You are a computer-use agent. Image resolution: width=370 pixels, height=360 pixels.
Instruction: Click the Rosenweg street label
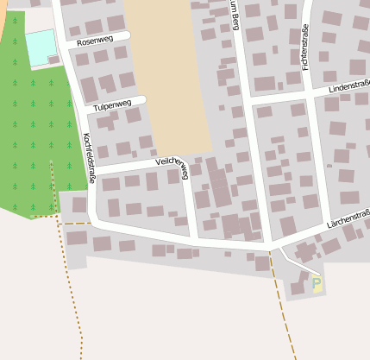click(x=95, y=41)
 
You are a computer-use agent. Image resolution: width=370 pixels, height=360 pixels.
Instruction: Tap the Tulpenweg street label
click(x=113, y=104)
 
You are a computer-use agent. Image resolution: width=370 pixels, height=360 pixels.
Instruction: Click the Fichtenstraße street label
click(x=305, y=48)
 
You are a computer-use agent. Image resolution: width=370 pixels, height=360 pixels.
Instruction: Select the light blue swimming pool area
click(x=40, y=47)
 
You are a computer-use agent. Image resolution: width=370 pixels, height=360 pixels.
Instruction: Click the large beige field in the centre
click(x=169, y=69)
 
